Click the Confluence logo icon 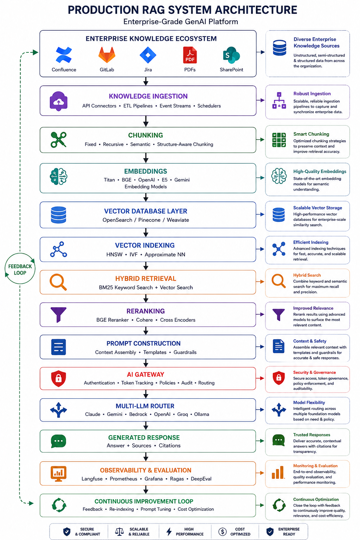(x=64, y=55)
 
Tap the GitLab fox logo (x=107, y=55)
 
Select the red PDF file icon (x=190, y=55)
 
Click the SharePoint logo (x=231, y=55)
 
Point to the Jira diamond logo (x=148, y=55)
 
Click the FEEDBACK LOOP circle (x=20, y=268)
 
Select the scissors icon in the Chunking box (x=58, y=140)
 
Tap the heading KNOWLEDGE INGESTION (x=148, y=96)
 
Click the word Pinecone (x=149, y=220)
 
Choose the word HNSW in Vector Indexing (x=114, y=255)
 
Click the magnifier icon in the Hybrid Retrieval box (x=58, y=282)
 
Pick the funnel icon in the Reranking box (x=58, y=315)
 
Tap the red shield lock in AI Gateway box (x=58, y=379)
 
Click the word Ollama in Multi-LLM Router (x=201, y=414)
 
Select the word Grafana (x=154, y=478)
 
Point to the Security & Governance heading (x=314, y=372)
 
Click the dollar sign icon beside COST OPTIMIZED (x=223, y=531)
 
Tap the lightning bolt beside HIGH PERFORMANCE (x=169, y=531)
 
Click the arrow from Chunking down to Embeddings (x=146, y=158)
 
